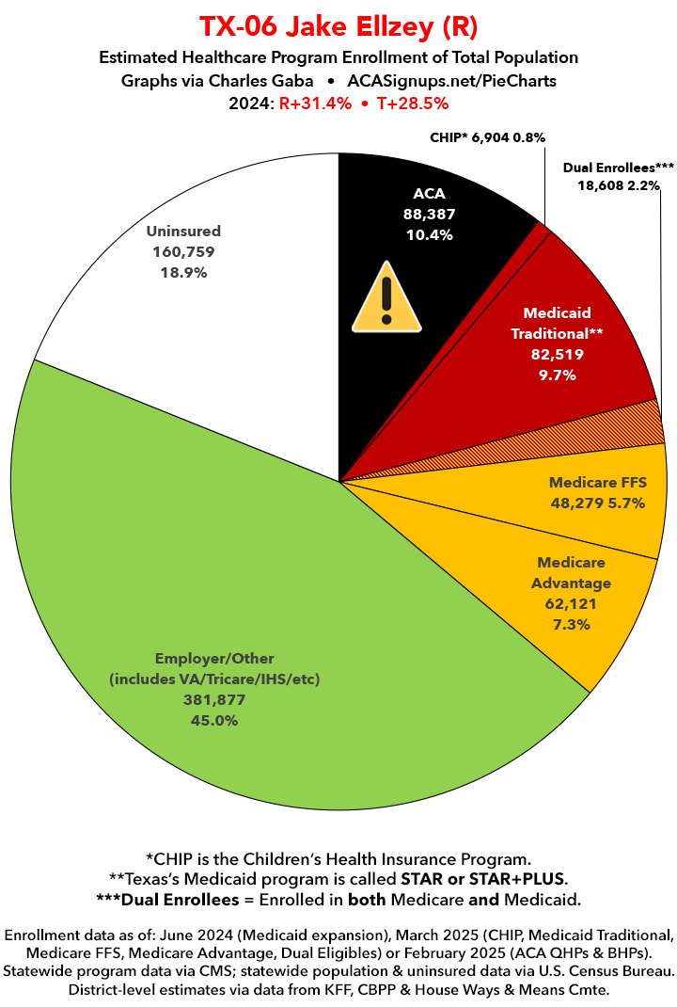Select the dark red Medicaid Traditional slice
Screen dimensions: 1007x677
click(x=583, y=311)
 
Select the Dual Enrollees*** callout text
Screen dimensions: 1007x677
click(x=619, y=167)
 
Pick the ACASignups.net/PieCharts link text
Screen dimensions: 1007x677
click(x=450, y=81)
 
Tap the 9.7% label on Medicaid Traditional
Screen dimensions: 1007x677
click(x=557, y=375)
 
